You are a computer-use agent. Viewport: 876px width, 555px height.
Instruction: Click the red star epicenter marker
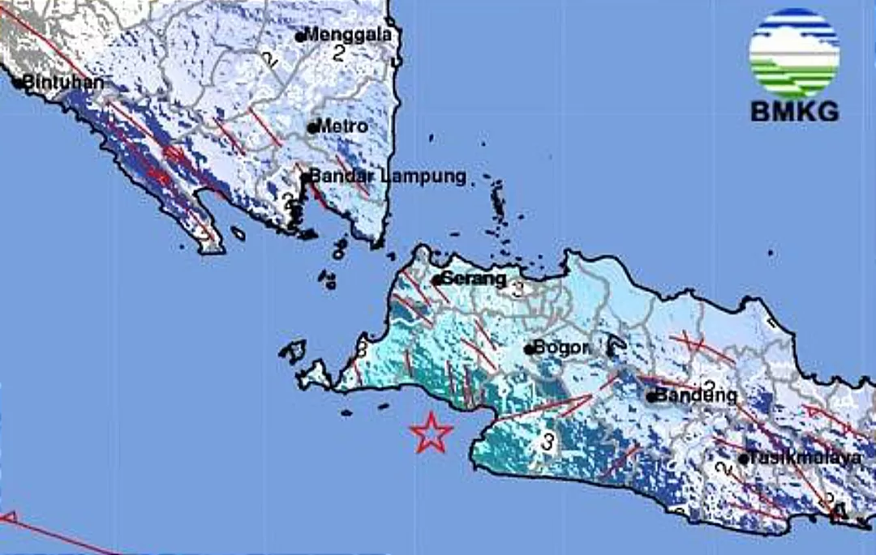431,433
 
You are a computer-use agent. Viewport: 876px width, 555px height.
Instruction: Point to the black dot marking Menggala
299,36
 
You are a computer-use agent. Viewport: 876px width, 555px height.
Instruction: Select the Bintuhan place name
64,82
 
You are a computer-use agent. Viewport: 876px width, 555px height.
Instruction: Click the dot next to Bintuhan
18,82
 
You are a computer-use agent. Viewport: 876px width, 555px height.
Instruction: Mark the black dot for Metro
312,127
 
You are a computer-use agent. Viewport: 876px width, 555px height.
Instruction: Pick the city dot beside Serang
436,280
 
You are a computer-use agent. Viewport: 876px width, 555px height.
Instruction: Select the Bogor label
562,348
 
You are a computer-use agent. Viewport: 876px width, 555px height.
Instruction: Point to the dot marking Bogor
529,350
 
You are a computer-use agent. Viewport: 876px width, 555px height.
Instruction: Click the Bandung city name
696,395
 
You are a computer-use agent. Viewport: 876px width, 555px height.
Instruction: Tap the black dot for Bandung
651,397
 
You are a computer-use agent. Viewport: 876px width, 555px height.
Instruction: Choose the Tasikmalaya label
805,458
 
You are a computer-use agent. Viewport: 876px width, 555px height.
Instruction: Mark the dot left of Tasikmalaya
743,459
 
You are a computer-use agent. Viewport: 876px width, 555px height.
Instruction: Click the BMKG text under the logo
794,112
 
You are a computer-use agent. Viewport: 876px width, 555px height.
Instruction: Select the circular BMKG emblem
794,53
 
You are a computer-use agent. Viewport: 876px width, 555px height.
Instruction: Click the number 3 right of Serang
518,288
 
